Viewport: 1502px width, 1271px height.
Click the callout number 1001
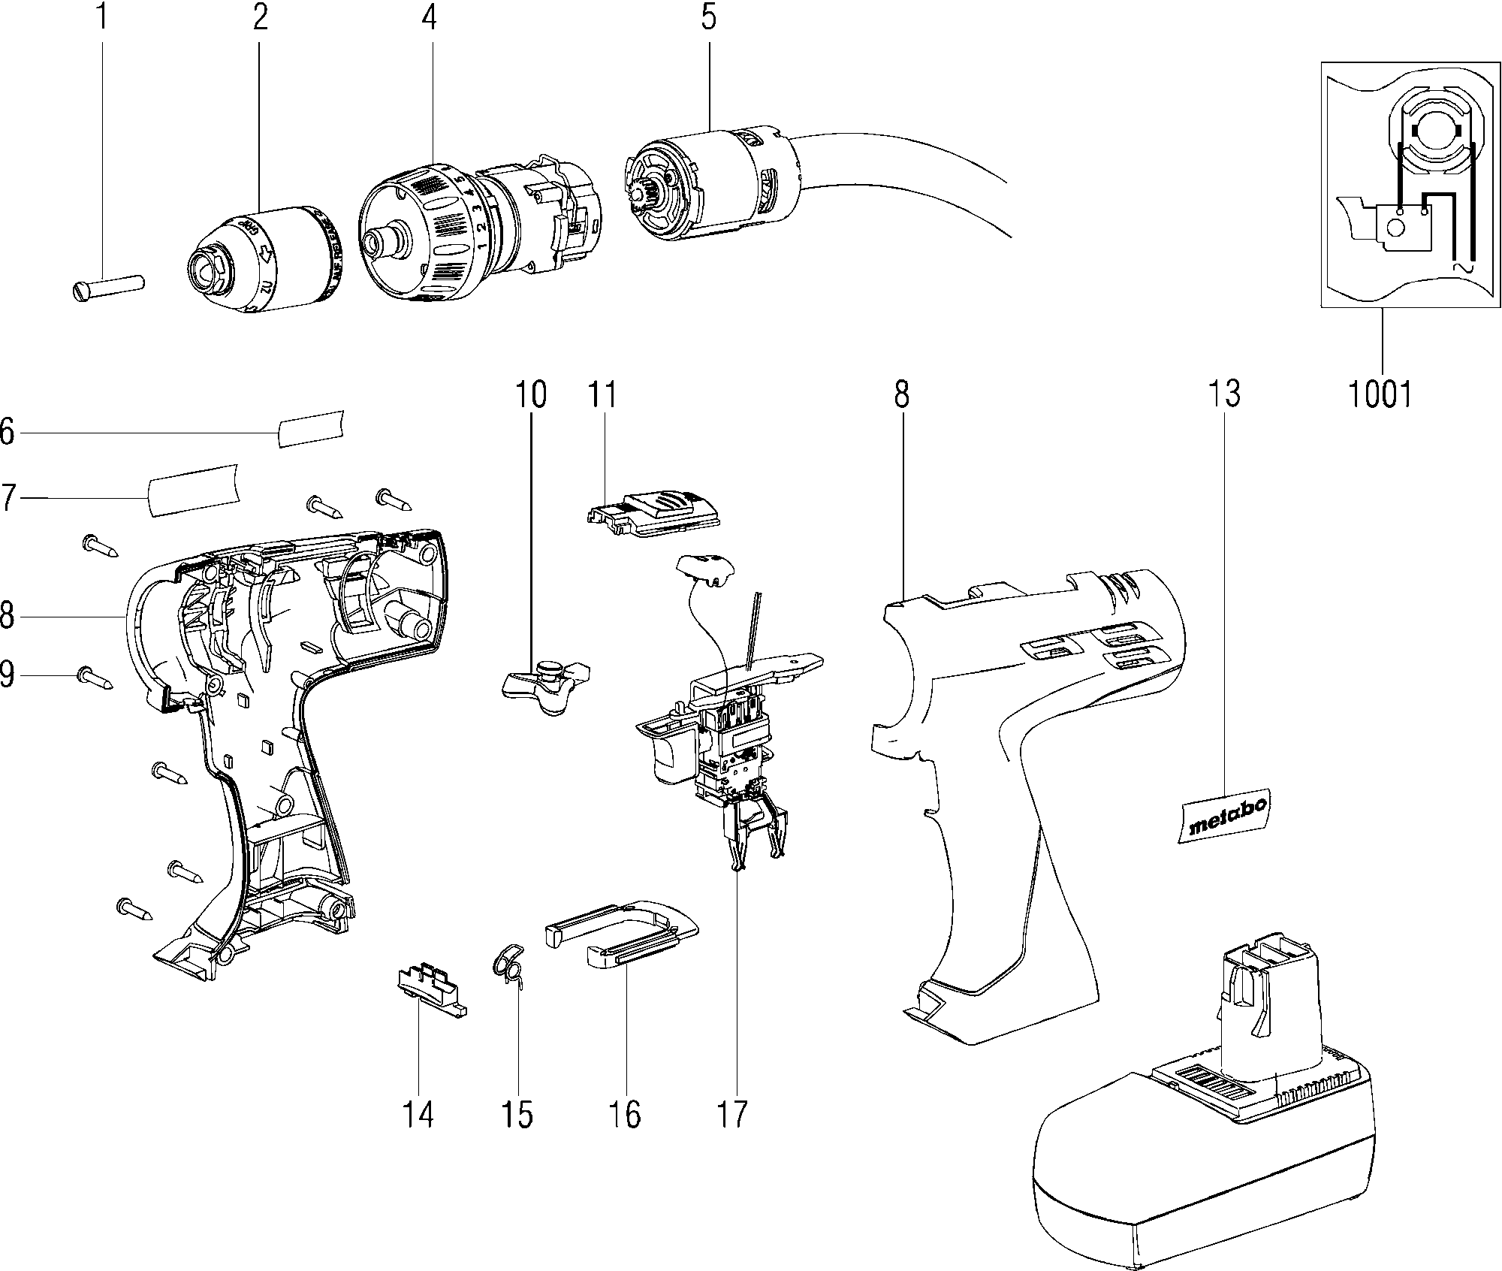point(1380,394)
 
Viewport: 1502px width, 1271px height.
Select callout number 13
point(1224,394)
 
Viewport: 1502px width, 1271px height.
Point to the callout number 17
point(732,1114)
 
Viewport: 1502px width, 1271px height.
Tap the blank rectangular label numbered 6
point(311,428)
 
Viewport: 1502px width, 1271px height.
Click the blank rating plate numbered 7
point(193,490)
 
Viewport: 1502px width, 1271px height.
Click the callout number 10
point(531,394)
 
